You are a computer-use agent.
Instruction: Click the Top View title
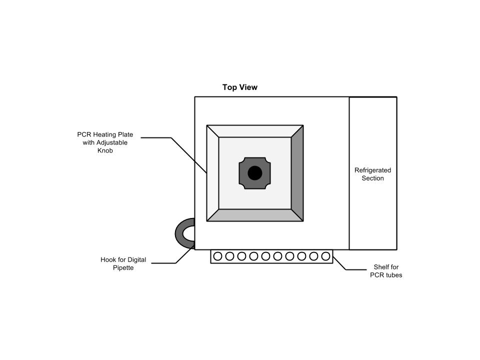(240, 87)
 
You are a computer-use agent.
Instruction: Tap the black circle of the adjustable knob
(255, 173)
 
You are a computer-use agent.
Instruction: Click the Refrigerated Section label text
(372, 174)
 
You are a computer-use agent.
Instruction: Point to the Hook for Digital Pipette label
(123, 263)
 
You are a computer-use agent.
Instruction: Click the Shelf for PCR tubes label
(386, 271)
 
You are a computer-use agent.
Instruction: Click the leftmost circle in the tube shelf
(217, 256)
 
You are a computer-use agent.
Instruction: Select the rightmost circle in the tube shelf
(326, 256)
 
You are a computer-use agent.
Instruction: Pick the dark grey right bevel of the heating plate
(297, 173)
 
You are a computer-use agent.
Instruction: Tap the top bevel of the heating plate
(255, 131)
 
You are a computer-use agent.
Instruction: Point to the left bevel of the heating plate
(213, 173)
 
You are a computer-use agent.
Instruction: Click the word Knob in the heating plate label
(105, 150)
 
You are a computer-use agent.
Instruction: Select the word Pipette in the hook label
(123, 268)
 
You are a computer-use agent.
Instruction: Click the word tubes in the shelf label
(394, 275)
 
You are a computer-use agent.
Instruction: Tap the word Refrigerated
(372, 170)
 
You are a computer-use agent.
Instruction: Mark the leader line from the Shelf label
(340, 263)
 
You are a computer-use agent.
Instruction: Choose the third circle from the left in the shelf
(241, 256)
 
